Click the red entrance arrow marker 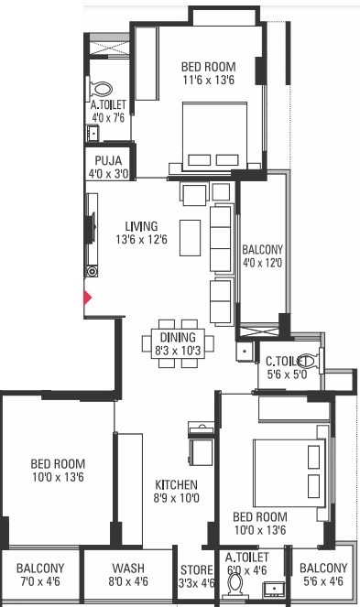tap(88, 298)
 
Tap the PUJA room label tap(108, 160)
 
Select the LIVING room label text tap(141, 226)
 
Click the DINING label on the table tap(178, 337)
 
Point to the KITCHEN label tap(176, 484)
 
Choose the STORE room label tap(196, 569)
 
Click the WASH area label tap(128, 568)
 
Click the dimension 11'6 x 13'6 tap(209, 81)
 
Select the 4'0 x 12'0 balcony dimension tap(262, 263)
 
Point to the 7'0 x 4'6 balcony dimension tap(40, 581)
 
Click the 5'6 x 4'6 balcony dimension tap(323, 581)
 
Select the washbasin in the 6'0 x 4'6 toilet tap(274, 589)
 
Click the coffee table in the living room tap(191, 238)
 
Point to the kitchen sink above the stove tap(202, 428)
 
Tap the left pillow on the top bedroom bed tap(199, 160)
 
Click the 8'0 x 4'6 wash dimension tap(128, 581)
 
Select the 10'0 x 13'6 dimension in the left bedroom tap(58, 477)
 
